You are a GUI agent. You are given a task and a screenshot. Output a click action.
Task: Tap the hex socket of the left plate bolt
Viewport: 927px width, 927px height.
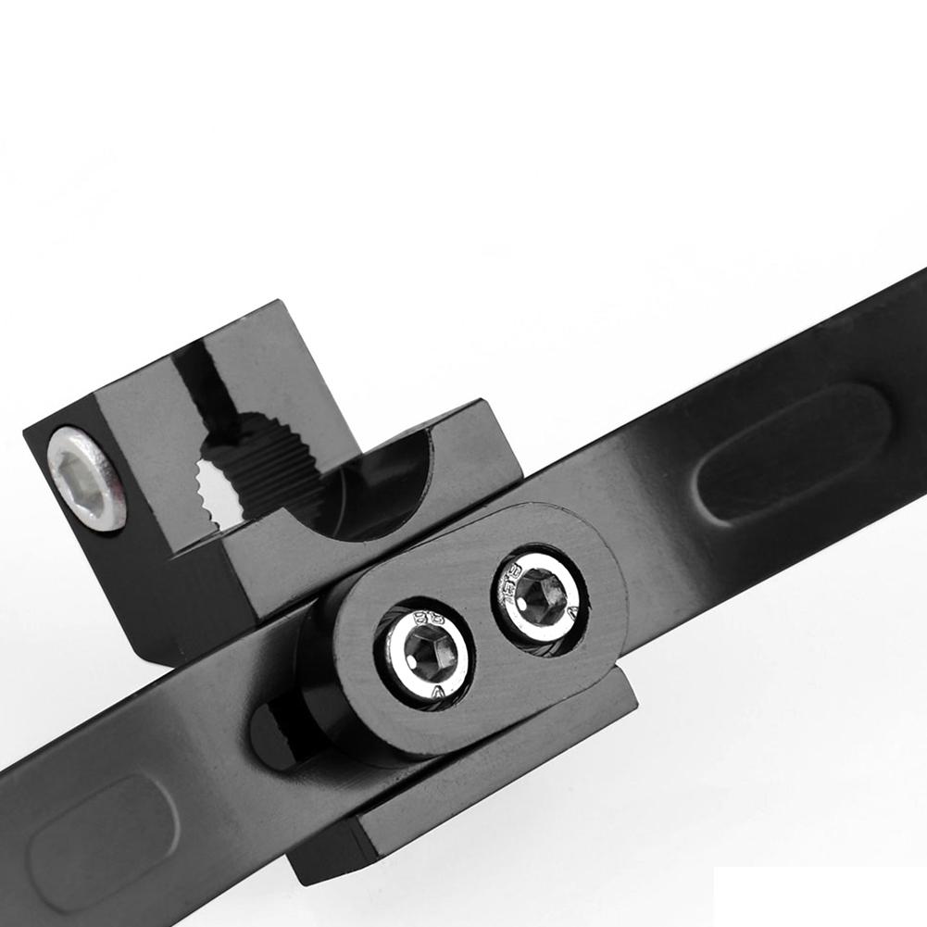(x=429, y=653)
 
